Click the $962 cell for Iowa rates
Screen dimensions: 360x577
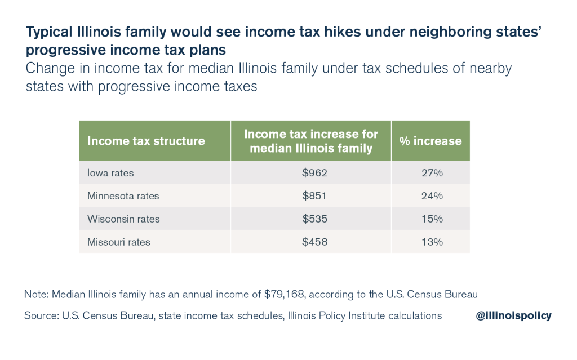(x=314, y=173)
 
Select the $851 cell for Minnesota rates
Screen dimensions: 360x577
(x=314, y=196)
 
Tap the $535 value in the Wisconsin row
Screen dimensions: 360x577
(x=314, y=219)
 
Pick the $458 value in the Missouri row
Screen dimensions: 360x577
(x=314, y=242)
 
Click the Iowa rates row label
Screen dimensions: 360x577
(x=110, y=173)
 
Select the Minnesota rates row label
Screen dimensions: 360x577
(x=123, y=196)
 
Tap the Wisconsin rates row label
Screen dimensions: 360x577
(x=123, y=219)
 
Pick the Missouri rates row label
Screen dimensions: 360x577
(x=118, y=242)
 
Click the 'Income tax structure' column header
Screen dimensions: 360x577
(x=146, y=141)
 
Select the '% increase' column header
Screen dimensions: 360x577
(x=430, y=141)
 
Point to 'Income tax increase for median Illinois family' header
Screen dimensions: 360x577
(x=311, y=141)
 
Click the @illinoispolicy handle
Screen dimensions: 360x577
(x=513, y=316)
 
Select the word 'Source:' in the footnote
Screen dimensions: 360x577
(x=41, y=316)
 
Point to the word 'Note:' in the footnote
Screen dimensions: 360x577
(x=37, y=294)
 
